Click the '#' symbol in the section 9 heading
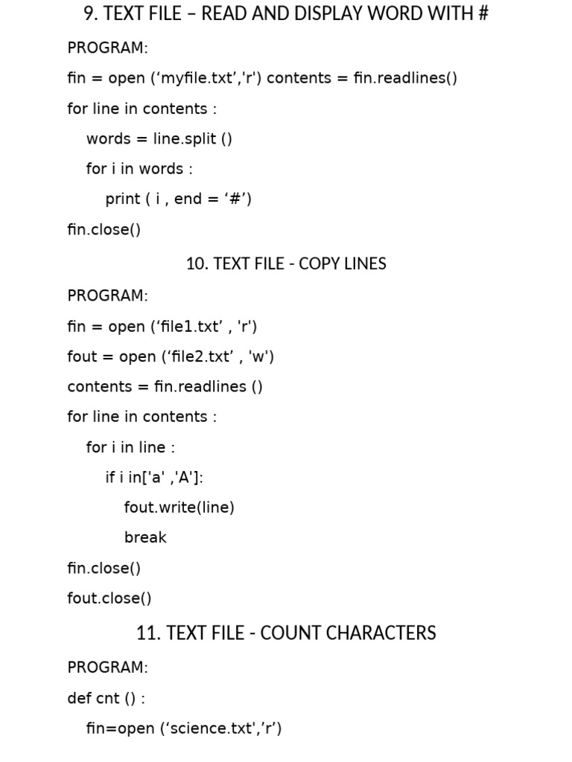pos(482,13)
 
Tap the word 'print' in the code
pos(123,199)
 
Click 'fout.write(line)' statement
pos(179,508)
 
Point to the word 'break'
pos(145,537)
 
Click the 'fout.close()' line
pos(109,598)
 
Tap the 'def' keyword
pos(79,698)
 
